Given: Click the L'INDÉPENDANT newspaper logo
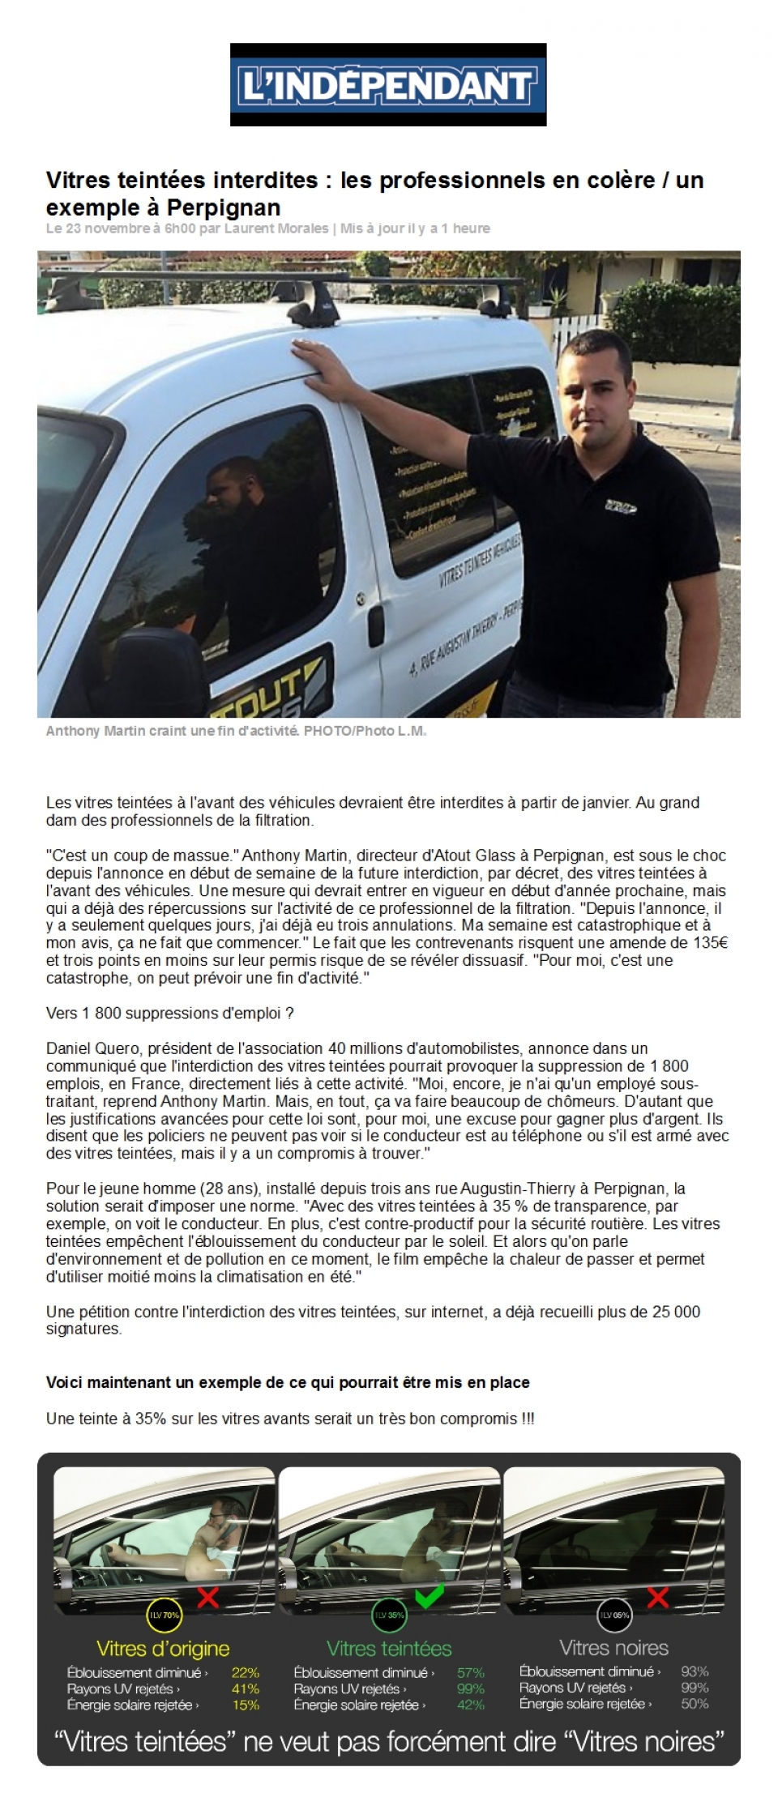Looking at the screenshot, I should point(388,85).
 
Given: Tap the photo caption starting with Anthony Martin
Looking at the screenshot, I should point(235,731).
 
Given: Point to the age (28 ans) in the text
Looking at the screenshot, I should point(224,1189).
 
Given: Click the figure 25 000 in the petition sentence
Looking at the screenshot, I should point(676,1312).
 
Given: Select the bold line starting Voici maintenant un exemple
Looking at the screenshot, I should point(288,1382).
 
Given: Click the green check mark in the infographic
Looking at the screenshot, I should point(429,1598).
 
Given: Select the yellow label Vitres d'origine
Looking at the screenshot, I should point(163,1648).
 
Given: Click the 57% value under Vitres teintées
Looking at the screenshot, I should point(470,1672).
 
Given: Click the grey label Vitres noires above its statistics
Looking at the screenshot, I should point(613,1647).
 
